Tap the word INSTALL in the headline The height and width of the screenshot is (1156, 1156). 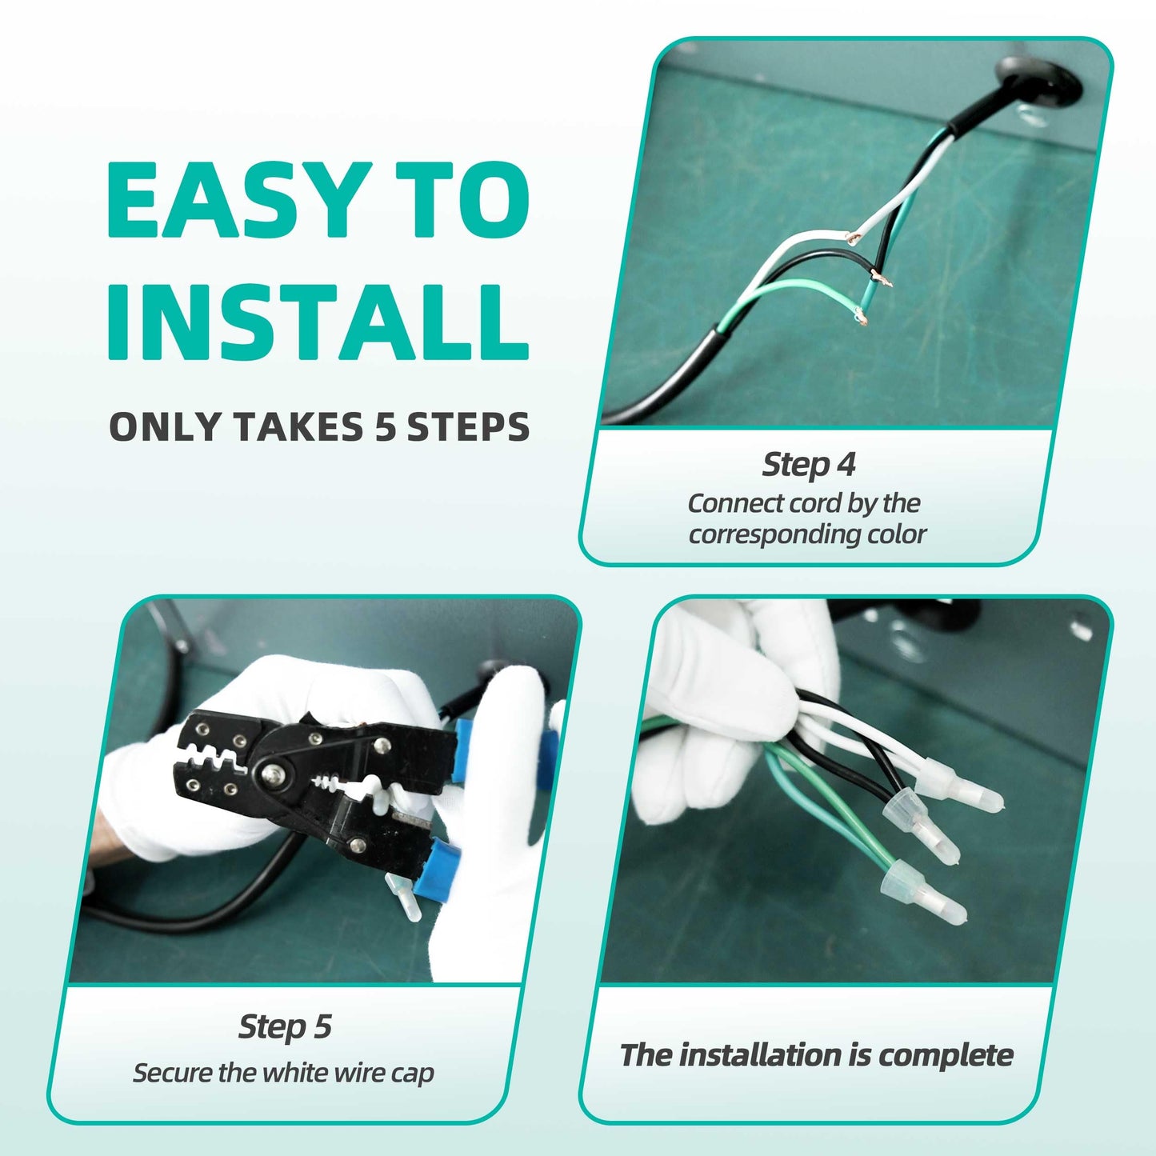pyautogui.click(x=318, y=322)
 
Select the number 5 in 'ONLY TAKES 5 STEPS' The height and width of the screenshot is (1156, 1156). pyautogui.click(x=385, y=426)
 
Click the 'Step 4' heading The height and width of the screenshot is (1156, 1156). pyautogui.click(x=808, y=464)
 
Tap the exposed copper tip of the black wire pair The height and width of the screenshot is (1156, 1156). pyautogui.click(x=882, y=279)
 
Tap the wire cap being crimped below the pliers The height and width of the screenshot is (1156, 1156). pyautogui.click(x=402, y=900)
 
